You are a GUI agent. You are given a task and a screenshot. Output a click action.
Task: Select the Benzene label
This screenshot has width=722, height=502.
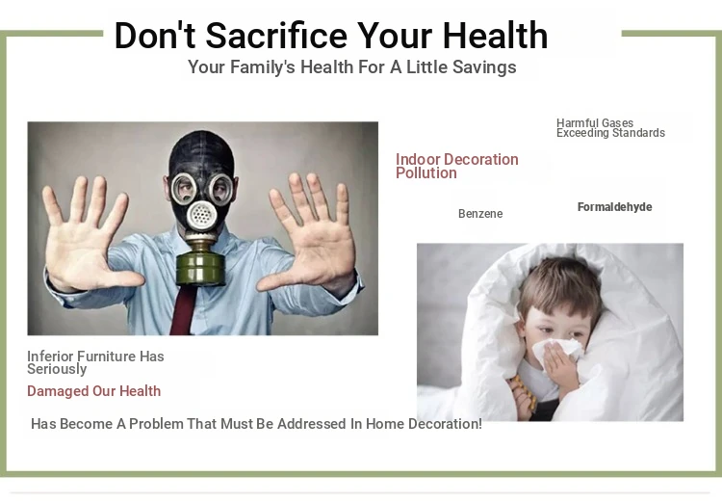click(480, 214)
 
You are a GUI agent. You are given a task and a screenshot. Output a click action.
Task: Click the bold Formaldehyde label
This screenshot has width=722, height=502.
click(615, 207)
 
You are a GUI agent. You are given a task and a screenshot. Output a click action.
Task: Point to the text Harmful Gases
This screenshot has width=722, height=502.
click(595, 123)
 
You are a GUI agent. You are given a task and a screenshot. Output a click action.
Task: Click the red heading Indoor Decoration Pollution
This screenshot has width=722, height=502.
click(456, 166)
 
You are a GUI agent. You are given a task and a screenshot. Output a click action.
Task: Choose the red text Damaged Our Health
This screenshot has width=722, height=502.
click(94, 391)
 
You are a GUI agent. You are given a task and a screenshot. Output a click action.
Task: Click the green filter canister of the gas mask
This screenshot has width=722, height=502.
click(200, 267)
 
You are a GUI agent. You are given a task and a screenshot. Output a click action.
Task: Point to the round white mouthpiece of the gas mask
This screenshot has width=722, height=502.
click(201, 215)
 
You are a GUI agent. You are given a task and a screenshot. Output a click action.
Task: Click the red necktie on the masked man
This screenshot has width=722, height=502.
click(184, 309)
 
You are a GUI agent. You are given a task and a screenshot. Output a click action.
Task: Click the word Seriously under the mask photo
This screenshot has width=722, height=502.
click(57, 369)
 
